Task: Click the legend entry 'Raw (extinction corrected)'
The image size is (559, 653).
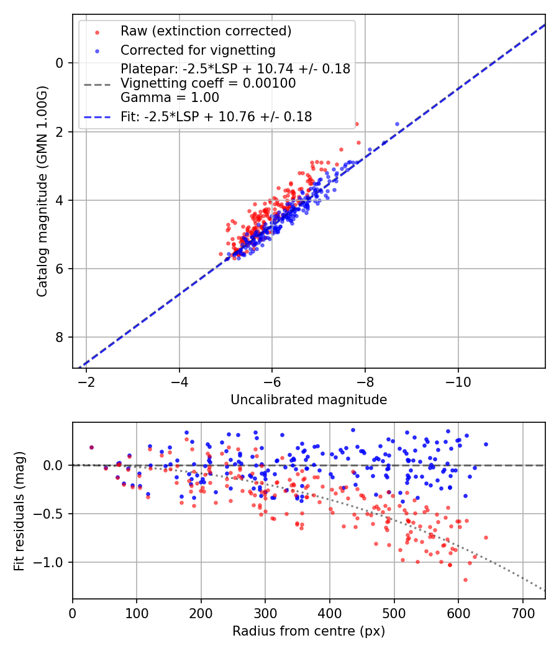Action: (x=206, y=30)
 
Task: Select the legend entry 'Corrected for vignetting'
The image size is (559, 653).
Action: (x=198, y=50)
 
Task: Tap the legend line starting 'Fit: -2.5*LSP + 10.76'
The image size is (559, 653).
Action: (x=216, y=116)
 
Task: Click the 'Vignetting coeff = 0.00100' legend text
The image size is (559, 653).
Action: (x=208, y=83)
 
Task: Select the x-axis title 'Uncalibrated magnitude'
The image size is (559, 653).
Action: (x=309, y=400)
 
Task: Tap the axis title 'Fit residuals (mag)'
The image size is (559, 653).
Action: (x=19, y=510)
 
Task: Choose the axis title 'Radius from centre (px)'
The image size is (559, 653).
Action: (x=309, y=631)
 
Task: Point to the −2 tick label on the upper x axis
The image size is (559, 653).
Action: (x=86, y=381)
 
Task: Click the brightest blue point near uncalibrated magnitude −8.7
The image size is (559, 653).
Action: (x=398, y=124)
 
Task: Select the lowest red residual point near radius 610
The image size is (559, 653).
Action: (x=378, y=580)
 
